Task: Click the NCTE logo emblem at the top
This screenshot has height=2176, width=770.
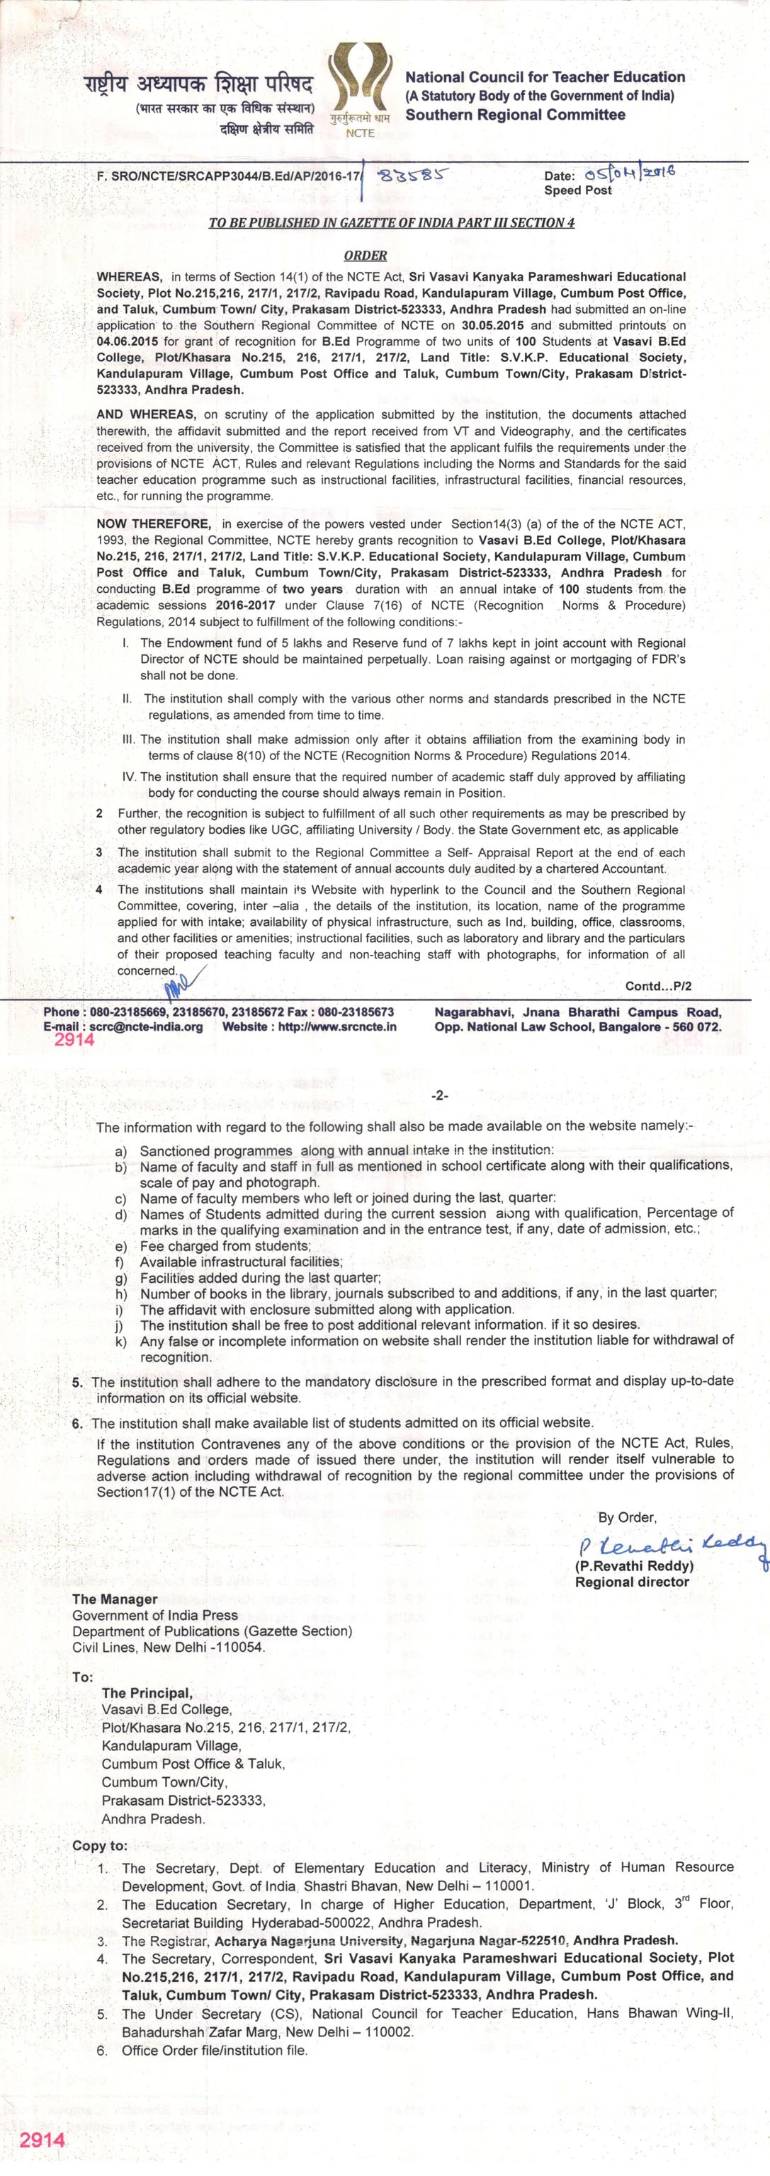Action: coord(359,84)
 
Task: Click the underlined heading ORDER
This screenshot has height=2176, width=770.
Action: coord(365,255)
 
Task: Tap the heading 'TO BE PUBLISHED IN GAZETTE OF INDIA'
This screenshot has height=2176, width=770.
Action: coord(391,223)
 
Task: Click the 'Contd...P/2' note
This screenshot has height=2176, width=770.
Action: coord(657,986)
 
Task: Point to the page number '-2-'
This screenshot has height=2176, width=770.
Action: coord(439,1096)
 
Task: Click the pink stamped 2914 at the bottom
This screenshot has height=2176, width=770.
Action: coord(43,2140)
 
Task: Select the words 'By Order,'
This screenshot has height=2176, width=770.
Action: coord(627,1517)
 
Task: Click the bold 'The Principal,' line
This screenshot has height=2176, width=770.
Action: coord(147,1693)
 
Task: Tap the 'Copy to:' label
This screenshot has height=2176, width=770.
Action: coord(100,1846)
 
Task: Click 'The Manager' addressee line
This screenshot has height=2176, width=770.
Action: coord(115,1599)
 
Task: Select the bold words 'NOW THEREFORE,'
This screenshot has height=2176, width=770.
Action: coord(153,523)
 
